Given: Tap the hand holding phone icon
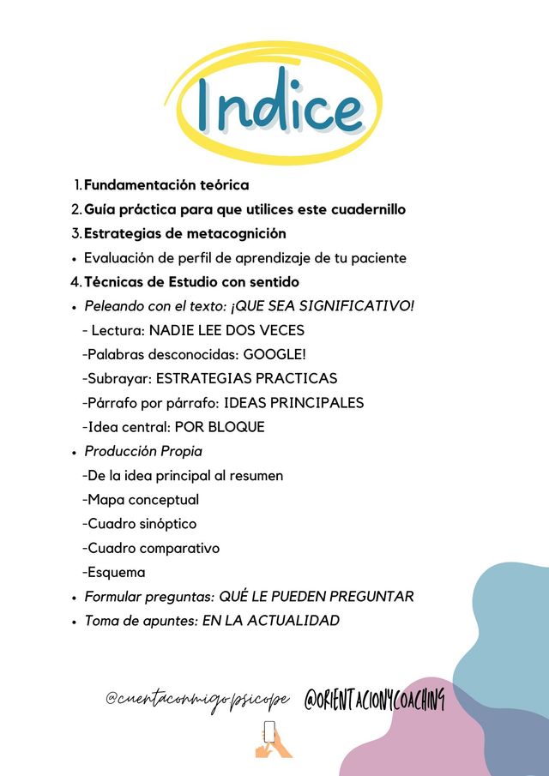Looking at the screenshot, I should pyautogui.click(x=272, y=739).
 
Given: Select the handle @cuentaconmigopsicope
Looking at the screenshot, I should pyautogui.click(x=199, y=700).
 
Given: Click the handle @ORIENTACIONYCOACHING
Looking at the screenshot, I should pyautogui.click(x=375, y=700).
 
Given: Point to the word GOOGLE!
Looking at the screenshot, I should pyautogui.click(x=275, y=354).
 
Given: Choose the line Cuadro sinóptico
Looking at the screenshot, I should pyautogui.click(x=140, y=523).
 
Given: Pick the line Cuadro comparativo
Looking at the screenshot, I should pyautogui.click(x=151, y=548).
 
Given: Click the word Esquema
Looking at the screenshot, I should pyautogui.click(x=114, y=572).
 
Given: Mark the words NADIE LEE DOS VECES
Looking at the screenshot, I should pyautogui.click(x=226, y=330).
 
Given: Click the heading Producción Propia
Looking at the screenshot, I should pyautogui.click(x=143, y=451).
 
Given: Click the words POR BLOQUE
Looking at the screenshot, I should pyautogui.click(x=226, y=426).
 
